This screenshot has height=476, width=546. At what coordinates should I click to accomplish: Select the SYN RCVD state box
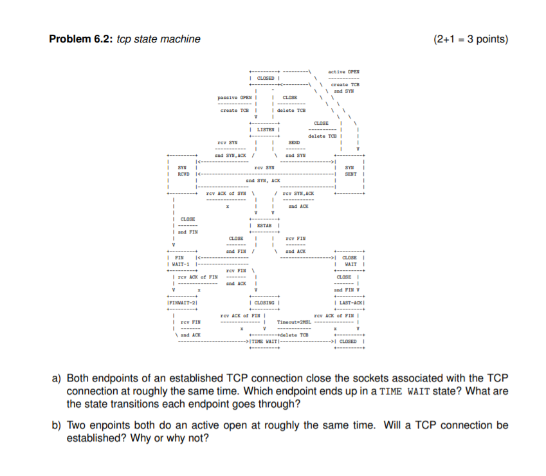pos(182,170)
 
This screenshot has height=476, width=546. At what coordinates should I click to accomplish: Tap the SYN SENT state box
pos(350,170)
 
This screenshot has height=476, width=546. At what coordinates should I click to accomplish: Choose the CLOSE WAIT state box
pos(350,261)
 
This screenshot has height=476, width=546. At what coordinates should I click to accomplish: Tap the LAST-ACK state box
pos(350,302)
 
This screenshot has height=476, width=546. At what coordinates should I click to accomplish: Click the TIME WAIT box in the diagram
pos(264,341)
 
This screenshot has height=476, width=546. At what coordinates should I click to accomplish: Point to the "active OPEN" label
pos(343,72)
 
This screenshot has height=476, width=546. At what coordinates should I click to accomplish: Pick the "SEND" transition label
pos(294,143)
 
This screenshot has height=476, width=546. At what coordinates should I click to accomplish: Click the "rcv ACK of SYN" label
pos(226,193)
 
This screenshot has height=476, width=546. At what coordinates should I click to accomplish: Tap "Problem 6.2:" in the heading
pos(82,39)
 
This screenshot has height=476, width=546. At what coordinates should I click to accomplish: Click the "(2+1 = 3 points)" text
pos(471,39)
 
